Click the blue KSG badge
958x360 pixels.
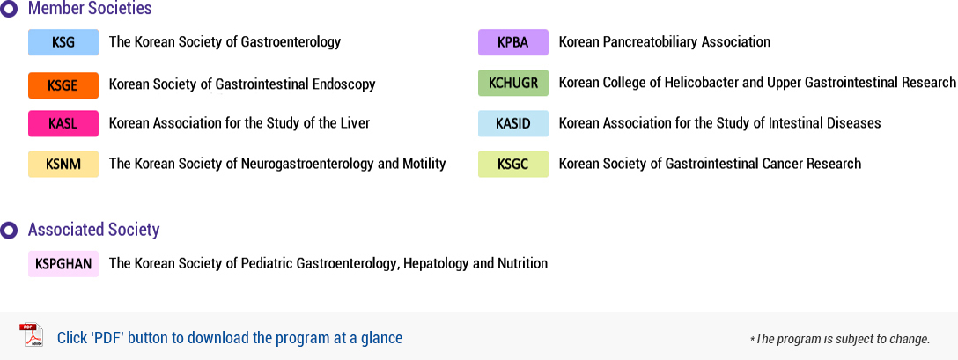pyautogui.click(x=63, y=42)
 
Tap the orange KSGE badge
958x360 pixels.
pyautogui.click(x=63, y=85)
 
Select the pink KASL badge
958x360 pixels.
pyautogui.click(x=63, y=123)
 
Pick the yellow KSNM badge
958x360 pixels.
pyautogui.click(x=63, y=164)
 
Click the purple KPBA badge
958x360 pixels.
pyautogui.click(x=513, y=42)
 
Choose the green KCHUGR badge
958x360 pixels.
pyautogui.click(x=513, y=83)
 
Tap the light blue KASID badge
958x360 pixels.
pyautogui.click(x=513, y=123)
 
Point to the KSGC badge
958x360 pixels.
pyautogui.click(x=513, y=164)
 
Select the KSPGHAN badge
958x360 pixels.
pyautogui.click(x=63, y=264)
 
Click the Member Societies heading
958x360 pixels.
pyautogui.click(x=90, y=9)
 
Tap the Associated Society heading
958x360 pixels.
pyautogui.click(x=93, y=230)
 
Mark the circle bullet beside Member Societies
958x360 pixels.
pyautogui.click(x=9, y=9)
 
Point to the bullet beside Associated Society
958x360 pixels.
pyautogui.click(x=9, y=231)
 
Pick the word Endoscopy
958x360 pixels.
pyautogui.click(x=346, y=85)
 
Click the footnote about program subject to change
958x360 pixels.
pyautogui.click(x=840, y=339)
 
